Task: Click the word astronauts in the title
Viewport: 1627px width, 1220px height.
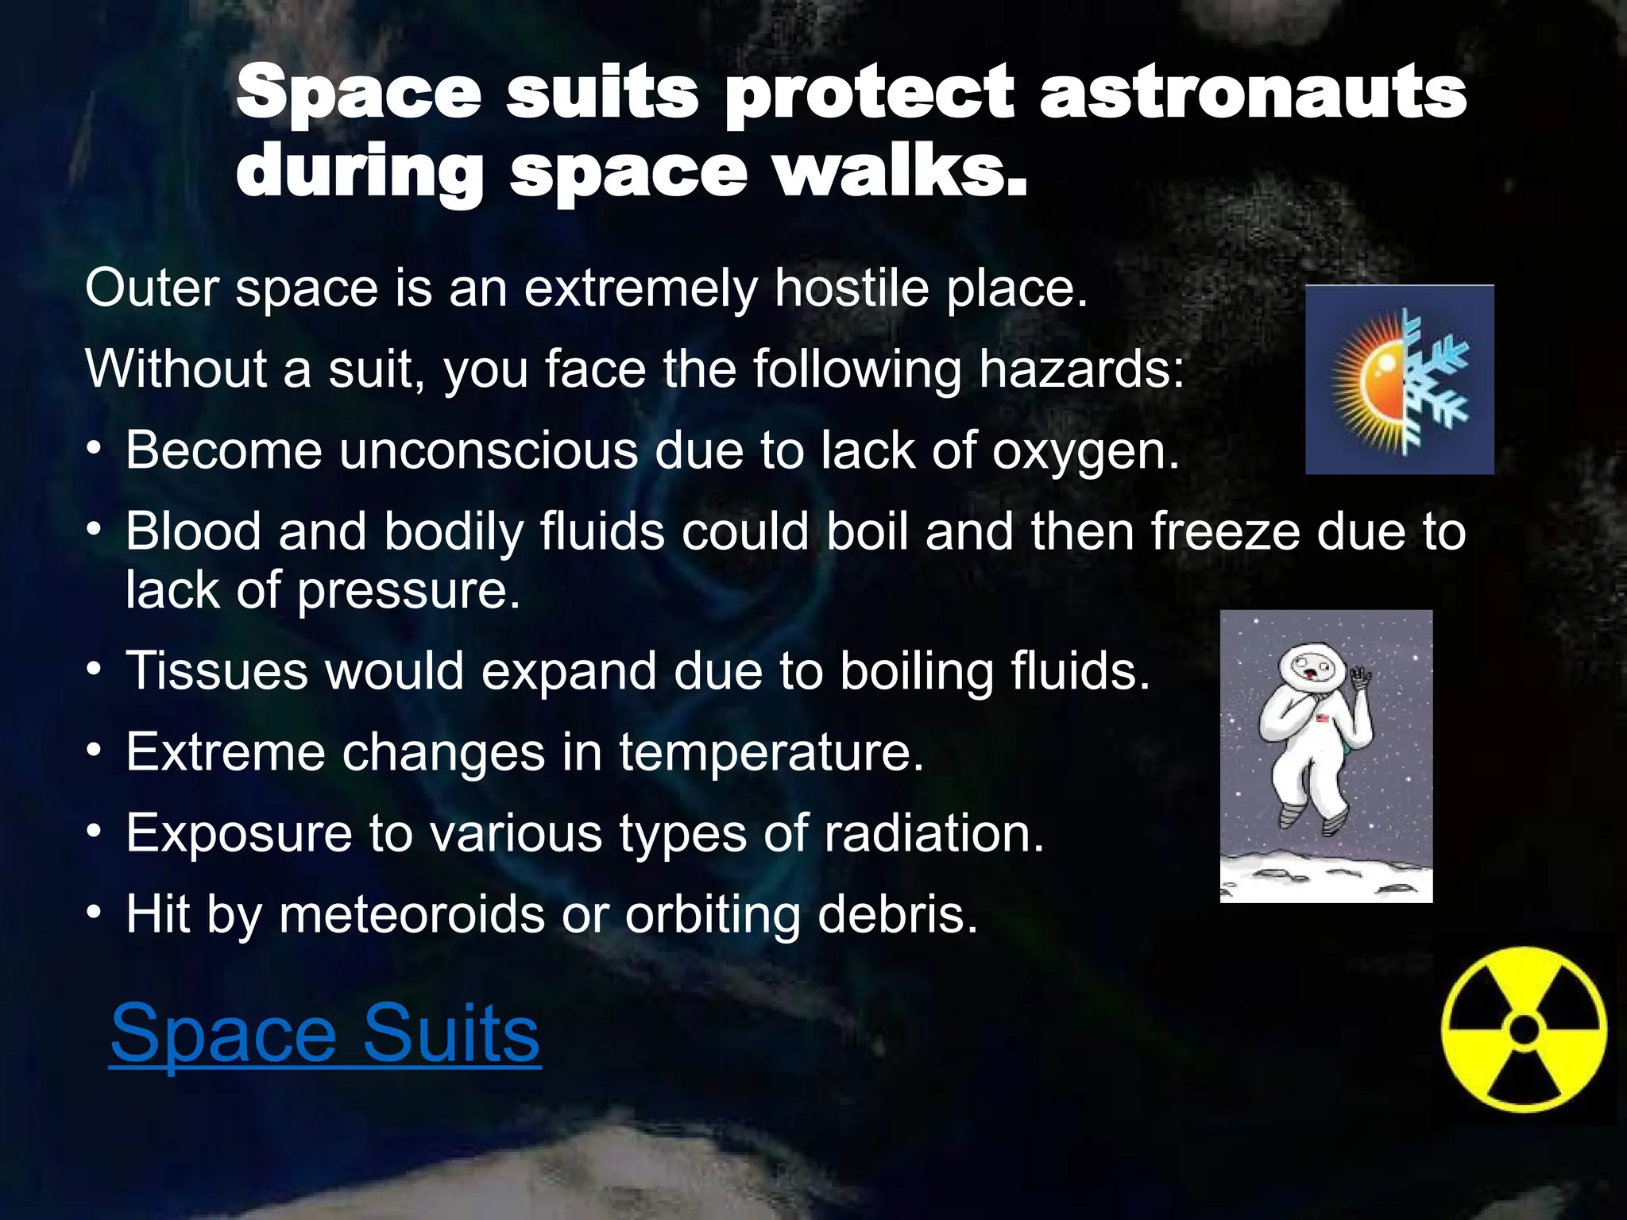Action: pos(1252,94)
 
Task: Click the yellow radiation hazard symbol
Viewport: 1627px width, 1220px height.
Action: pos(1524,1029)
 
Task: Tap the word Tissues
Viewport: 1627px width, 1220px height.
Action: pos(216,671)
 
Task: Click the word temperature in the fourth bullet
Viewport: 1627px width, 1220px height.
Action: pos(771,752)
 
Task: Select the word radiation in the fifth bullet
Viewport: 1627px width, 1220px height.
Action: pos(933,833)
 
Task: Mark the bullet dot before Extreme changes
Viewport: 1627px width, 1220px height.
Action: pos(95,751)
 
